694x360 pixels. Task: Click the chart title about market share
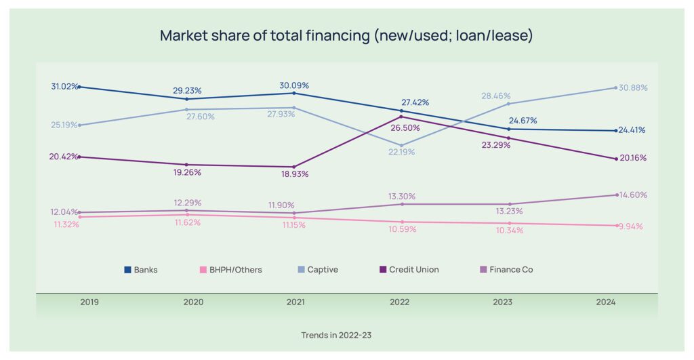pyautogui.click(x=346, y=35)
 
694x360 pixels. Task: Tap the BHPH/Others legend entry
pyautogui.click(x=230, y=270)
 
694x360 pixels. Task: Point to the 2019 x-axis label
pyautogui.click(x=89, y=302)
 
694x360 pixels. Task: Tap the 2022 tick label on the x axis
pyautogui.click(x=399, y=302)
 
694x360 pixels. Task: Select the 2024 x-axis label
pyautogui.click(x=606, y=302)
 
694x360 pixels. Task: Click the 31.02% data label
pyautogui.click(x=64, y=87)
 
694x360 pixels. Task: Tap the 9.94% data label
pyautogui.click(x=631, y=226)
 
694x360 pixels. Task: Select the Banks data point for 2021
pyautogui.click(x=294, y=93)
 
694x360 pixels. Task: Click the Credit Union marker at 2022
pyautogui.click(x=401, y=117)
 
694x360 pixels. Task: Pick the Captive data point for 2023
pyautogui.click(x=509, y=104)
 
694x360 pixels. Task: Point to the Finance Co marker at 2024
pyautogui.click(x=616, y=195)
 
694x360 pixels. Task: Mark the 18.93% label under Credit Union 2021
pyautogui.click(x=294, y=174)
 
